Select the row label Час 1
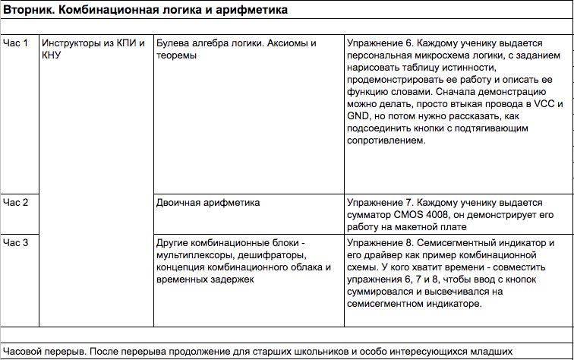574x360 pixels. click(x=15, y=43)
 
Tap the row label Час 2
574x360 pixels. click(x=15, y=203)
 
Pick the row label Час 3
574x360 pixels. click(x=15, y=243)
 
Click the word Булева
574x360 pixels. click(x=172, y=43)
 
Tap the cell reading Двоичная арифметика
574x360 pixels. click(x=207, y=203)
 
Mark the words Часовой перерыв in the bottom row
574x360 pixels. click(x=42, y=352)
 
